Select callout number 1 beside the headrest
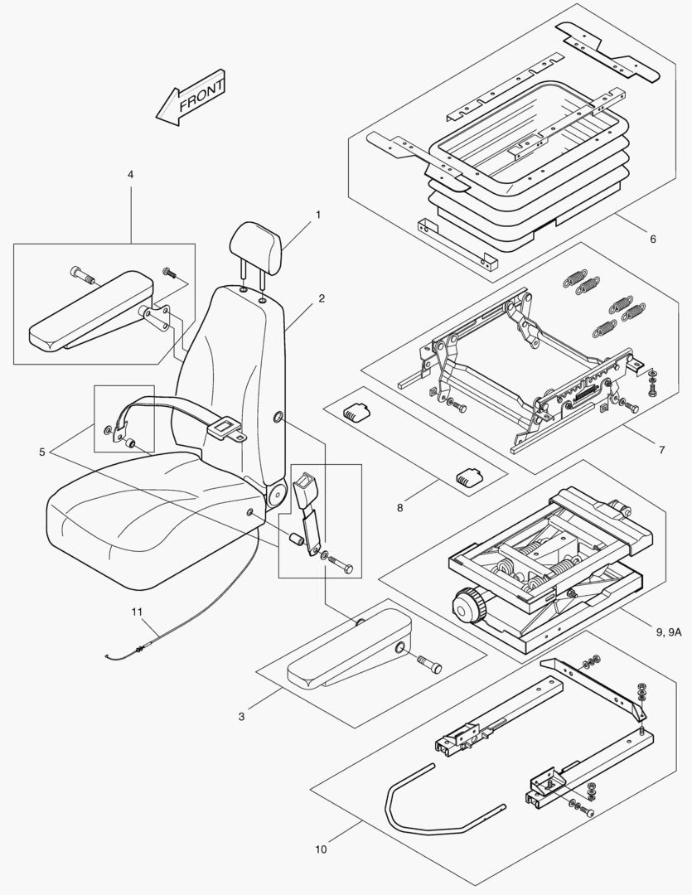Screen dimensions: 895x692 [x=317, y=215]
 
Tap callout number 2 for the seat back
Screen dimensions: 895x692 [x=322, y=298]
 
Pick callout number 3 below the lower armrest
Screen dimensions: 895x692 [x=241, y=717]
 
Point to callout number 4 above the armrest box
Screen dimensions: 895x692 [x=130, y=175]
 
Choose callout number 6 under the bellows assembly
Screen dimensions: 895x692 [x=652, y=239]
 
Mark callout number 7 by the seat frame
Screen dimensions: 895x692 [x=661, y=450]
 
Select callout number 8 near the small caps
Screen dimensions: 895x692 [x=399, y=507]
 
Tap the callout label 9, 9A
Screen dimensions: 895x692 [x=669, y=632]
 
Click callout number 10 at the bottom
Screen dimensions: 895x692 [x=321, y=849]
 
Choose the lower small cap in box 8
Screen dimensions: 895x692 [x=467, y=477]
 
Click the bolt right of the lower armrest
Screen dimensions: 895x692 [x=430, y=665]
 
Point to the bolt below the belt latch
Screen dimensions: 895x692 [x=340, y=568]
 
